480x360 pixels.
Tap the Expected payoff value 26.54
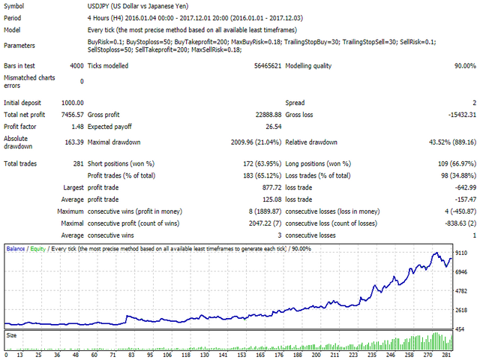click(x=272, y=127)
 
